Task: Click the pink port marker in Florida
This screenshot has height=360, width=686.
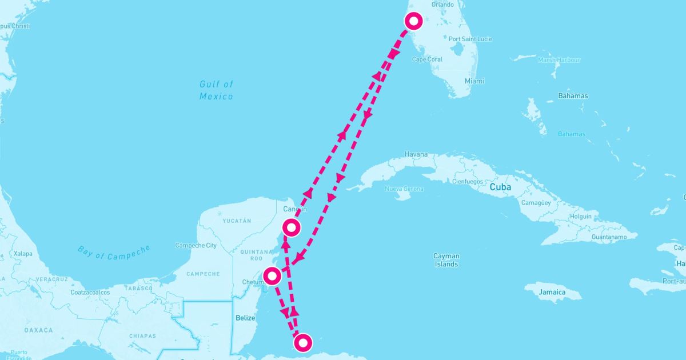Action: pos(413,21)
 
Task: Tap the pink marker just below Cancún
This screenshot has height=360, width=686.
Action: pos(292,227)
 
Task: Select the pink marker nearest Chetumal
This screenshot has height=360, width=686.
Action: pos(272,277)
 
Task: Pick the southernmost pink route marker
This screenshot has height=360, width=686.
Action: pos(302,343)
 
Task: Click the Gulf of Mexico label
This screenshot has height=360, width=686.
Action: pos(216,90)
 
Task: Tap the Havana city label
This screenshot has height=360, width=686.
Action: pos(416,154)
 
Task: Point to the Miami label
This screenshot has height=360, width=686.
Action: pos(474,81)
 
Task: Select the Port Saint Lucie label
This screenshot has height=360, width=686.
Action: pos(470,39)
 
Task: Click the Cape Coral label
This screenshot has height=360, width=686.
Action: pos(428,59)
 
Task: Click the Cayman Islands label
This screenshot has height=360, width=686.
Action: pos(446,260)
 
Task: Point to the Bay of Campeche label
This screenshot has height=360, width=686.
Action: pos(114,252)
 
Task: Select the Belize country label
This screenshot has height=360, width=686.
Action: pos(244,316)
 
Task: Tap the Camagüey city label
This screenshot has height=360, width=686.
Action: pos(537,203)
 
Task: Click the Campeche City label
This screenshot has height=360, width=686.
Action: pos(196,246)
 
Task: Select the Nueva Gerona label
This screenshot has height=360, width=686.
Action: pos(404,189)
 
